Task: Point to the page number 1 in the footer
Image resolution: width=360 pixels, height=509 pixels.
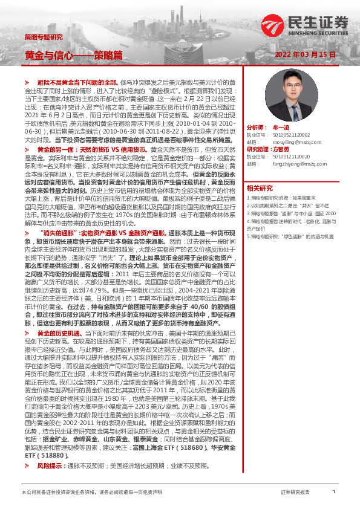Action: [x=334, y=492]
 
